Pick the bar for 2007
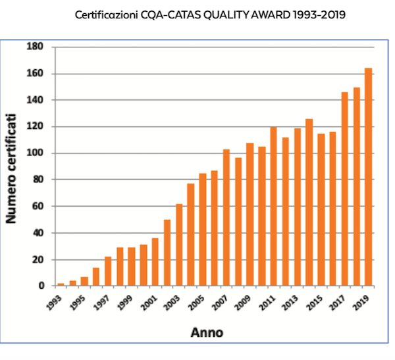(226, 218)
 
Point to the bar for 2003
(179, 245)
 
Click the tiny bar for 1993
(61, 284)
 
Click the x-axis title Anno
(207, 332)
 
